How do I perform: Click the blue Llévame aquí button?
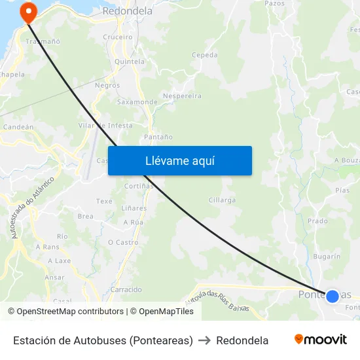tap(179, 160)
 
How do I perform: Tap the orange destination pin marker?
tap(28, 11)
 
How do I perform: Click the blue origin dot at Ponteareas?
tap(333, 296)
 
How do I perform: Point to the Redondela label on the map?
tap(128, 11)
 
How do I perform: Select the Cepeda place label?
tap(205, 56)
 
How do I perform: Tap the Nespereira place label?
tap(181, 96)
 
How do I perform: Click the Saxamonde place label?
tap(137, 102)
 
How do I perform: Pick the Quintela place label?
tap(130, 62)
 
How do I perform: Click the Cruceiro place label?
tap(118, 37)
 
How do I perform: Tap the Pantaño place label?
tap(158, 137)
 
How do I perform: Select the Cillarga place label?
tap(222, 200)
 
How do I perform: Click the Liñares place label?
tap(134, 208)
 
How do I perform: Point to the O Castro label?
tap(123, 242)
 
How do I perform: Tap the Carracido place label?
tap(126, 289)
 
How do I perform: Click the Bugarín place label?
tap(327, 257)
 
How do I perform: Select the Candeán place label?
tap(18, 127)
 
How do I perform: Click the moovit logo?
tap(320, 340)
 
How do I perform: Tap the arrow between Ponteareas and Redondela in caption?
tap(204, 340)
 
